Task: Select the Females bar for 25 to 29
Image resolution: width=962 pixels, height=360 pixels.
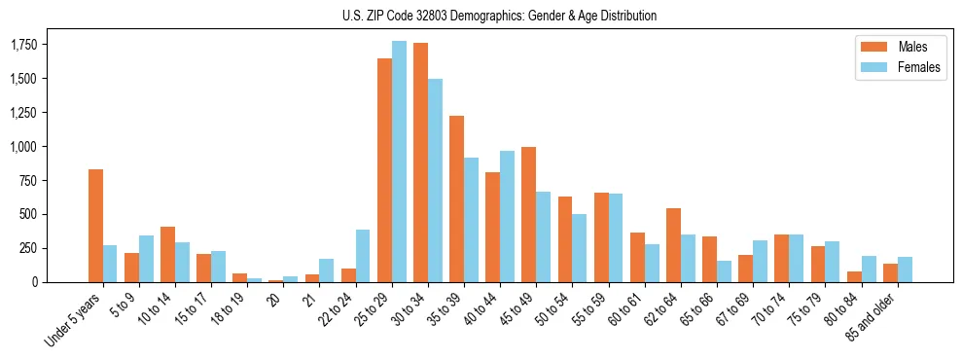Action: point(399,162)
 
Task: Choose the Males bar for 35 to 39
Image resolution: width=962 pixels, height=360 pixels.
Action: point(456,198)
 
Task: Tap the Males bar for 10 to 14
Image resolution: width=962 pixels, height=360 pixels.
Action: point(167,254)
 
